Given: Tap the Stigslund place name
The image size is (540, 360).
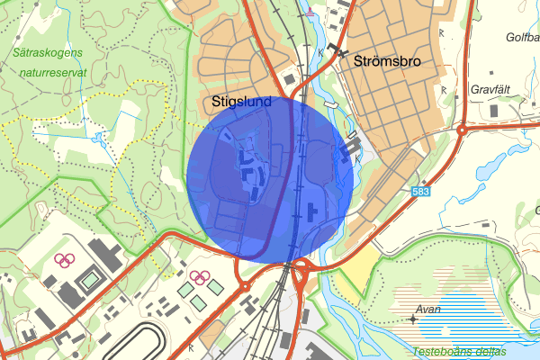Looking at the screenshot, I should (x=241, y=103).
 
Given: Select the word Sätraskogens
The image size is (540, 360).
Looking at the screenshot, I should (x=48, y=52).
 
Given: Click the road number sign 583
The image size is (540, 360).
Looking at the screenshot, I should (x=420, y=193).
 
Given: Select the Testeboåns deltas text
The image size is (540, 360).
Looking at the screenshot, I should (x=455, y=351).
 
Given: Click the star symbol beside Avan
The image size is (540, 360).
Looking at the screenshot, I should (x=412, y=319).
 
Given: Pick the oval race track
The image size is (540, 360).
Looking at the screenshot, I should (x=148, y=343).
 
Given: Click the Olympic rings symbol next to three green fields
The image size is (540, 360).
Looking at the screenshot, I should (x=201, y=276).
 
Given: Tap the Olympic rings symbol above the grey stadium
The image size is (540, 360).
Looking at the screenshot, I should (x=64, y=261).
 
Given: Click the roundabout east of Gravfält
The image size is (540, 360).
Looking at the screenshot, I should (x=462, y=130).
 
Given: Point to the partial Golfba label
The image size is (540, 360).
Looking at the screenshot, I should (x=522, y=38).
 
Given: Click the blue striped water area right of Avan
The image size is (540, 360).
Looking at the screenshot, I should (x=486, y=310).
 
